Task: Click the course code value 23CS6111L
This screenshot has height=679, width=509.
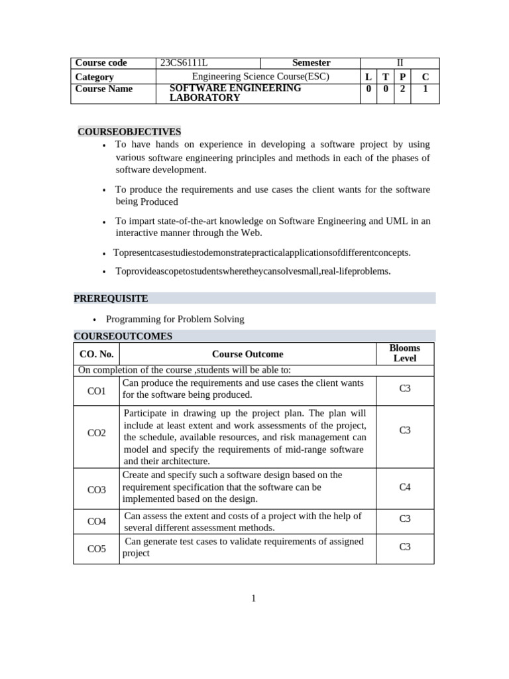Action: tap(184, 63)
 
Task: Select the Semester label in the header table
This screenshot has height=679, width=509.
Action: tap(311, 63)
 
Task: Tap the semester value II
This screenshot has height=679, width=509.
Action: tap(399, 63)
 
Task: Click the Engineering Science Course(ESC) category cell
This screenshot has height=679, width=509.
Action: tap(260, 76)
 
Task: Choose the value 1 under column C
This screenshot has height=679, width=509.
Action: tap(425, 88)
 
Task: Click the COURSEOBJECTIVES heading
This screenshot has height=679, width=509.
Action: tap(129, 132)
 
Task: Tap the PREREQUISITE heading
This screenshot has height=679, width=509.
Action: tap(111, 298)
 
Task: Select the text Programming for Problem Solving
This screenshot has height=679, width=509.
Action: tap(175, 319)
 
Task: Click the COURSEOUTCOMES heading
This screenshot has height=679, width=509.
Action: tap(123, 336)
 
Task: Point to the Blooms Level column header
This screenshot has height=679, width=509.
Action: tap(404, 353)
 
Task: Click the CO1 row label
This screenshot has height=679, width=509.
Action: tap(97, 391)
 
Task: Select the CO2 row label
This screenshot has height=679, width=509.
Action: tap(97, 433)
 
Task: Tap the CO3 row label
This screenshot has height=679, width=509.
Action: tap(97, 489)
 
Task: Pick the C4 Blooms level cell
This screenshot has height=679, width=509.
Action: tap(405, 487)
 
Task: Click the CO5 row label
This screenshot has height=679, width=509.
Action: tap(97, 548)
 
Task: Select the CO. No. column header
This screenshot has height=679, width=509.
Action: tap(97, 354)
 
